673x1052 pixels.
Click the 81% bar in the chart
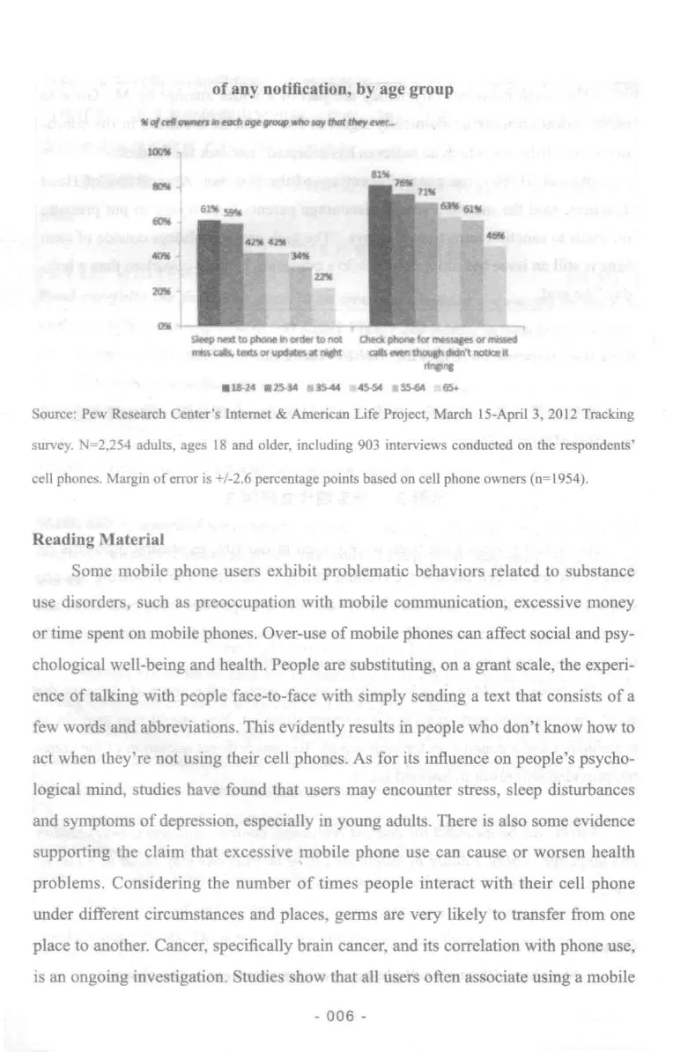click(380, 255)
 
